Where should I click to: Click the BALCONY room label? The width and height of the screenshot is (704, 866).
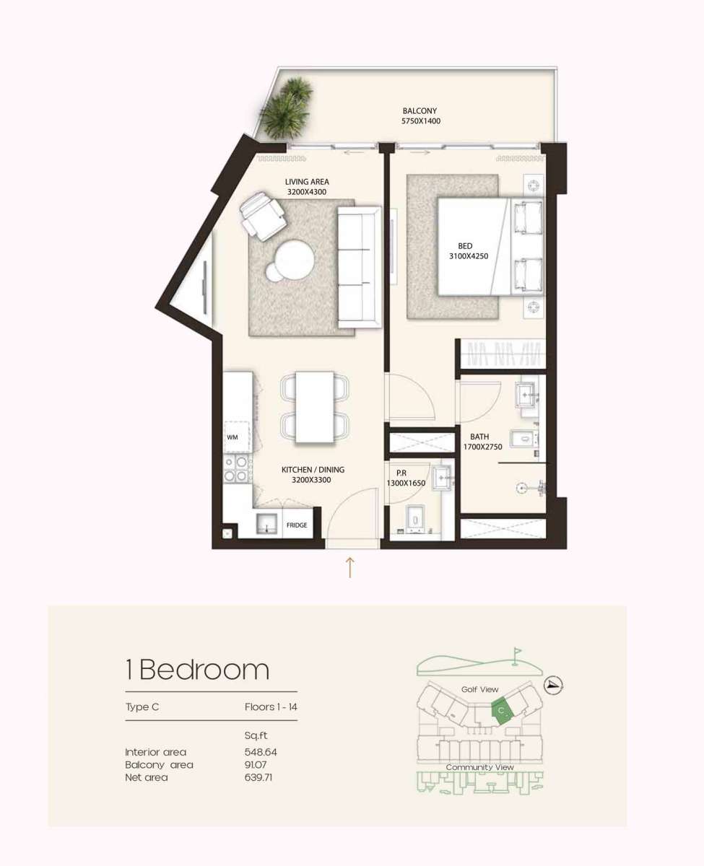coord(420,111)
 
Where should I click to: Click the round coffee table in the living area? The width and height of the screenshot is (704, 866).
coord(293,259)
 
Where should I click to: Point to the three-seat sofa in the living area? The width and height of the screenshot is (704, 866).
coord(358,266)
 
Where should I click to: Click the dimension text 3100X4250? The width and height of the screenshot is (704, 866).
coord(465,255)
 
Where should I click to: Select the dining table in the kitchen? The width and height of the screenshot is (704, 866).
coord(315,407)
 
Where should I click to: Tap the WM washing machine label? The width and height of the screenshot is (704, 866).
coord(232,437)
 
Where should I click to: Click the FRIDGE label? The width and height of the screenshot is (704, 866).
coord(297,526)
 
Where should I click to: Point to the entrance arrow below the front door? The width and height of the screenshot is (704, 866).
coord(350,567)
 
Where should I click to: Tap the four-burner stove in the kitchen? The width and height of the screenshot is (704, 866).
coord(236,468)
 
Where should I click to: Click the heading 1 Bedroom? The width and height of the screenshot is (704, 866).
coord(197,670)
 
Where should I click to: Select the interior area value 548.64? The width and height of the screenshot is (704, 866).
coord(261,752)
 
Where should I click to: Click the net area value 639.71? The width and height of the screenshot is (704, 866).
coord(259,777)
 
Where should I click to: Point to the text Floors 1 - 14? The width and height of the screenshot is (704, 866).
coord(271,707)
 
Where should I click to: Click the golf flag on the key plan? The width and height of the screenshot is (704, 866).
coord(516,654)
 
